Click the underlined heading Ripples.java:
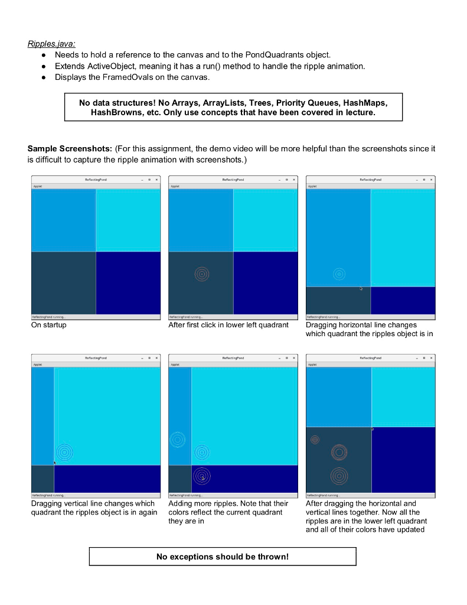[51, 44]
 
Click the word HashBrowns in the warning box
[116, 112]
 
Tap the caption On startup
[49, 325]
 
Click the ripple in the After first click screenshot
[202, 274]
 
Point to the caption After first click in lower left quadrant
[228, 325]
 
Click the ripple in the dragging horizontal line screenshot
[339, 274]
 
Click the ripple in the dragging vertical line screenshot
[64, 453]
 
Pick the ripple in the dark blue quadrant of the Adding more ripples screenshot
[202, 476]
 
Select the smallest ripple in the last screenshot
[315, 440]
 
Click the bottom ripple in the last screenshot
[339, 476]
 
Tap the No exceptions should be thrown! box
[223, 557]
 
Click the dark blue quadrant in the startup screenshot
[128, 283]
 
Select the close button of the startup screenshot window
[156, 179]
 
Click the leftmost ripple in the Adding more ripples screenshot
[177, 440]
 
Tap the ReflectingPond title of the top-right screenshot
[370, 179]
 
